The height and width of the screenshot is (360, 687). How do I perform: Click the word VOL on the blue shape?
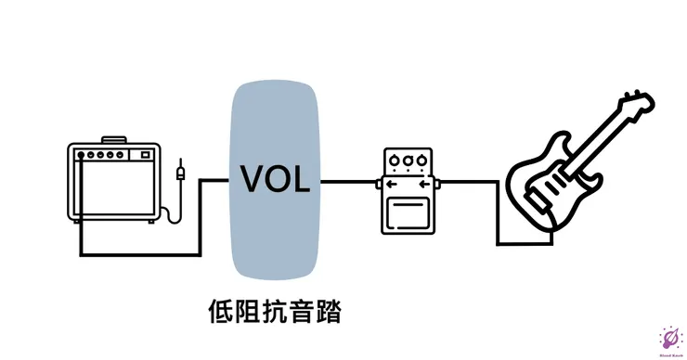click(x=275, y=178)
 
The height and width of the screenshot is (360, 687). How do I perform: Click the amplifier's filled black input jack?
click(x=83, y=155)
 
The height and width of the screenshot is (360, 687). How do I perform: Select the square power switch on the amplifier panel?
click(x=146, y=155)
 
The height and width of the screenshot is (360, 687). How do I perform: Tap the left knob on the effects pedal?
click(x=394, y=161)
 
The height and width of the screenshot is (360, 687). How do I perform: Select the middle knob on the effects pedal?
click(x=408, y=161)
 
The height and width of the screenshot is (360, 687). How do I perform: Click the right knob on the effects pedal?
click(x=421, y=161)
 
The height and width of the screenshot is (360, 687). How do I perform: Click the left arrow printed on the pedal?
click(x=393, y=184)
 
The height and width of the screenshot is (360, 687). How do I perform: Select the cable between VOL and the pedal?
click(x=350, y=180)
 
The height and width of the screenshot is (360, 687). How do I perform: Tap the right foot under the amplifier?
click(x=149, y=223)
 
